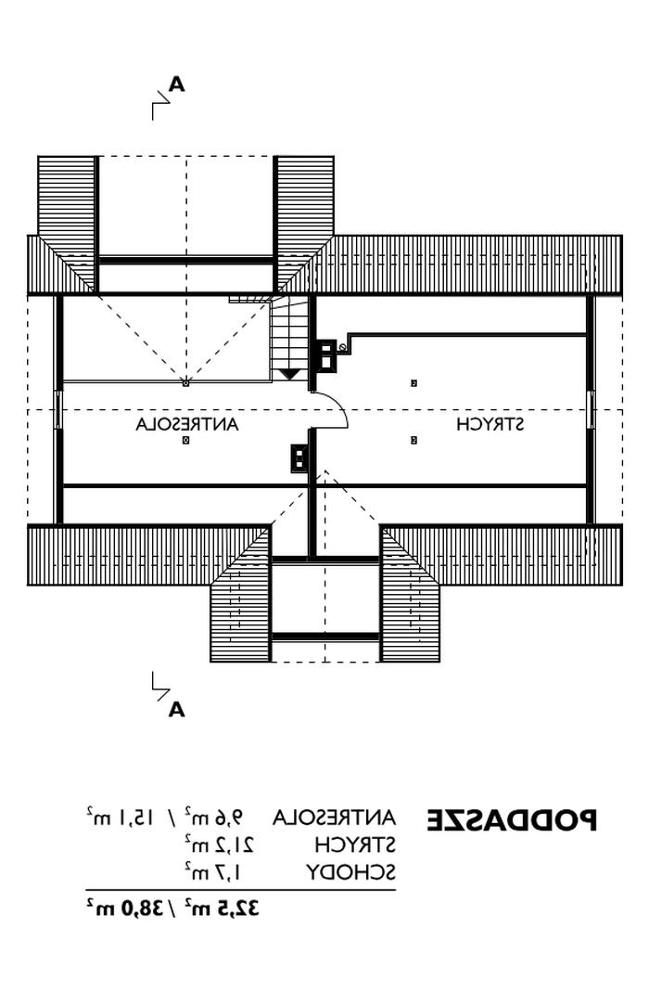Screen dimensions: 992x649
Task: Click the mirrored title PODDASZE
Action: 512,820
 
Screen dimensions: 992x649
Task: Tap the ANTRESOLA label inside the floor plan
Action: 187,424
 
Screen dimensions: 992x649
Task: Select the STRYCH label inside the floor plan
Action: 490,424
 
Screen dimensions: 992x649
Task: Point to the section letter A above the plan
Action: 176,85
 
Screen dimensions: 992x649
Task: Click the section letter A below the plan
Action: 176,711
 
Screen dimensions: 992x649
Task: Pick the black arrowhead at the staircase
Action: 290,374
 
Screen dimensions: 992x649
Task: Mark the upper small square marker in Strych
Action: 414,382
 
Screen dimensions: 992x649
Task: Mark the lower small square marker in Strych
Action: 414,440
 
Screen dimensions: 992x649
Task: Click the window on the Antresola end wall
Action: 58,409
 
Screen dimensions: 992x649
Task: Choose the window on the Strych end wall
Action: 591,409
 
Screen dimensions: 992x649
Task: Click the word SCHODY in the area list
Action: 352,872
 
